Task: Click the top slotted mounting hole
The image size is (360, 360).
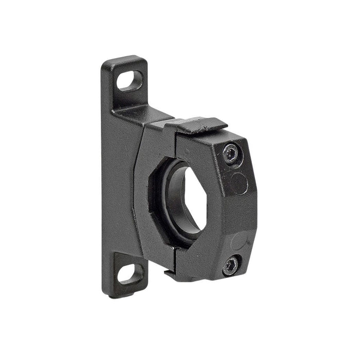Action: [x=130, y=80]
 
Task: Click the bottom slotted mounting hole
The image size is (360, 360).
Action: [x=130, y=273]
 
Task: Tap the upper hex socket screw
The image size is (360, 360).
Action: [x=231, y=153]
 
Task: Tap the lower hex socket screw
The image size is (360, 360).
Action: [x=230, y=265]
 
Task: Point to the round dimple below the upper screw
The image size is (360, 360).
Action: [x=238, y=183]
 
